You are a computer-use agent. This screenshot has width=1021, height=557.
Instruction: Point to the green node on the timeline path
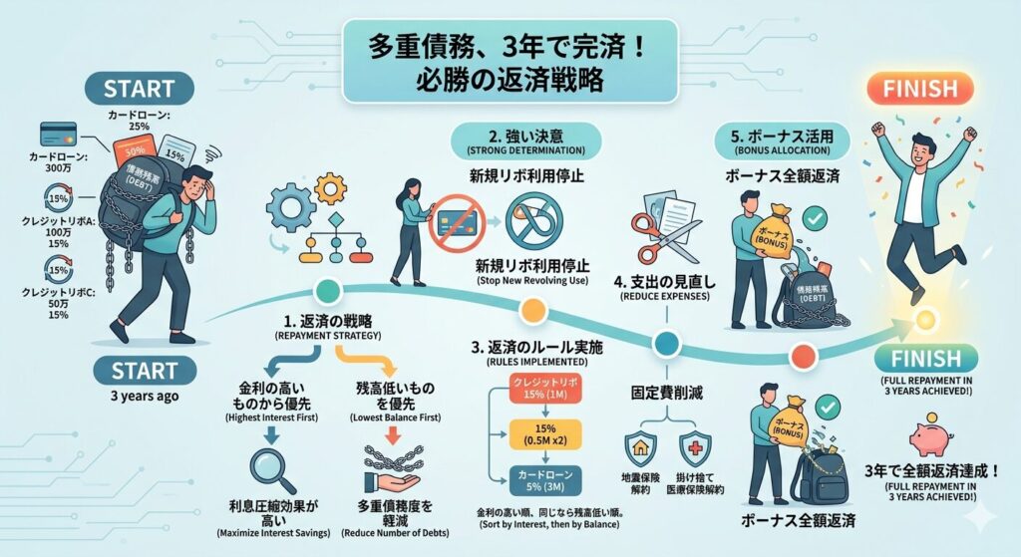tap(326, 290)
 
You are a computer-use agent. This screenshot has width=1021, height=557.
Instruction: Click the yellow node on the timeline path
tap(533, 312)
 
